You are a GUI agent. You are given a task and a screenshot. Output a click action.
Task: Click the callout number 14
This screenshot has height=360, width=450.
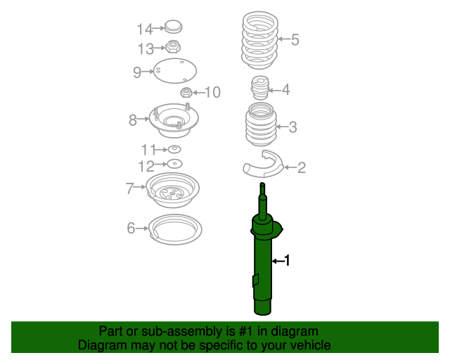click(144, 30)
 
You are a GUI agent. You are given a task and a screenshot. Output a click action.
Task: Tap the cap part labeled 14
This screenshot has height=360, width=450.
click(173, 27)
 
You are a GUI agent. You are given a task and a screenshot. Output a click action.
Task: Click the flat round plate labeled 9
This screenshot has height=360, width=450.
click(174, 72)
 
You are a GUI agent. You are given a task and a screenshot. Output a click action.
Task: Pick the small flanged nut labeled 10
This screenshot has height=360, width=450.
click(186, 92)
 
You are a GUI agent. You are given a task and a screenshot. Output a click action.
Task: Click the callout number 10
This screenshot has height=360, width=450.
click(212, 92)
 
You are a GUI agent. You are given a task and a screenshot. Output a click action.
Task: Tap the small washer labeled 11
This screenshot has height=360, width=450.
click(174, 149)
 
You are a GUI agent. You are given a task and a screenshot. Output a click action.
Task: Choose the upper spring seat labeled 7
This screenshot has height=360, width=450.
click(172, 191)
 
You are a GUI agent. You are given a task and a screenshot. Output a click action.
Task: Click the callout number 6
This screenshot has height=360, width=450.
click(131, 228)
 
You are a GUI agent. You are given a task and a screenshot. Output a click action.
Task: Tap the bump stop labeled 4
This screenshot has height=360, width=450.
click(261, 89)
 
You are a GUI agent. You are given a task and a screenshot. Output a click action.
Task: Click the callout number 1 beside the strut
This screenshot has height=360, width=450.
click(286, 261)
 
